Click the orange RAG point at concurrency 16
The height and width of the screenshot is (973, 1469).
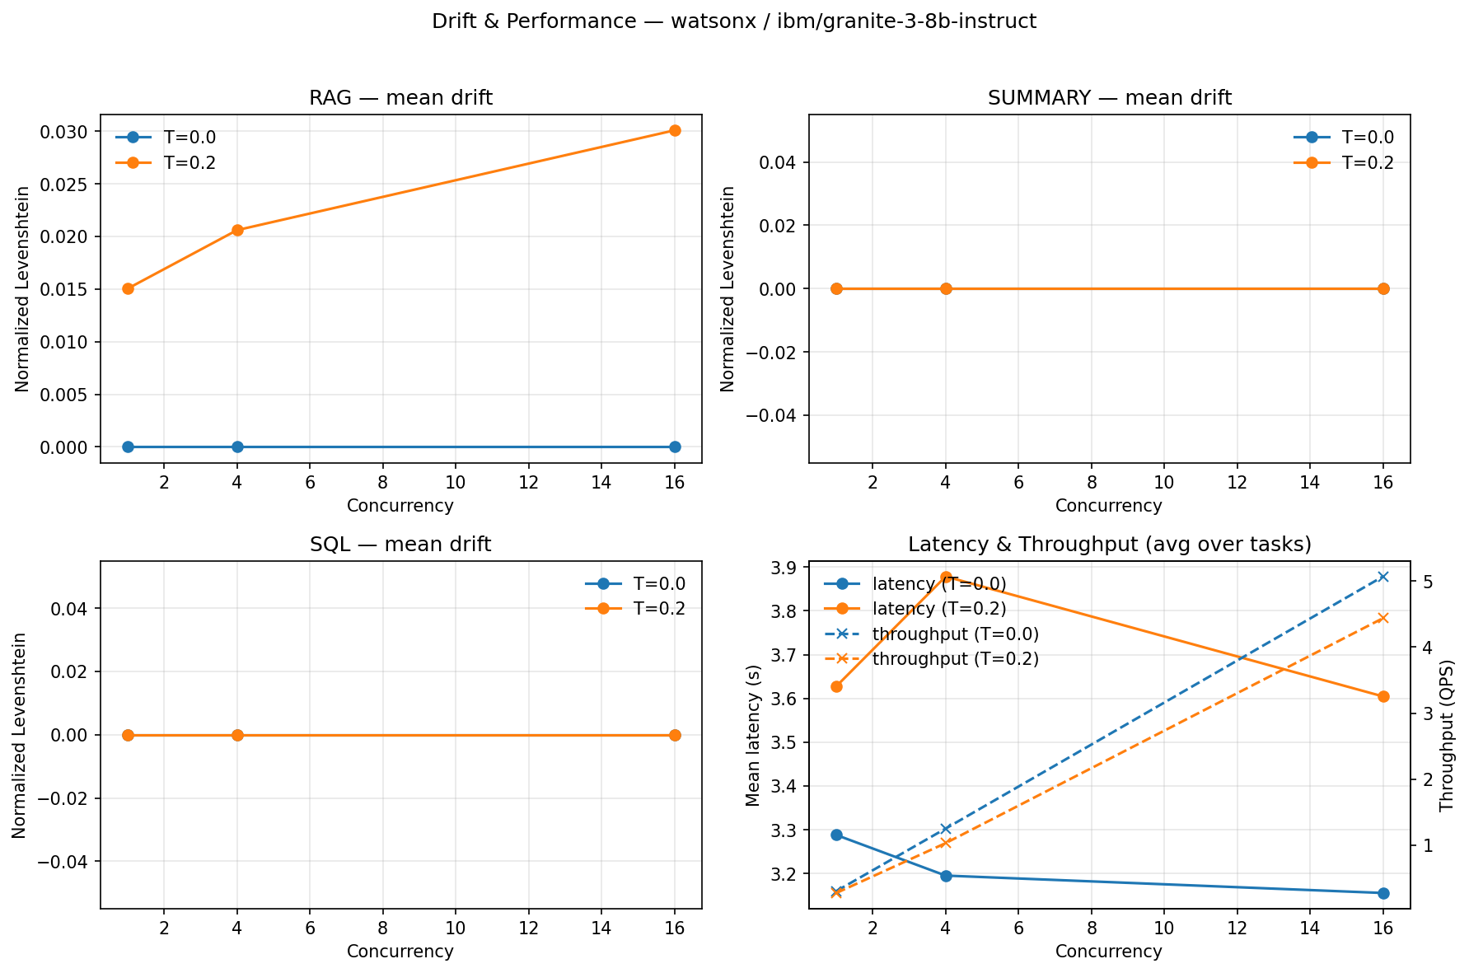(675, 130)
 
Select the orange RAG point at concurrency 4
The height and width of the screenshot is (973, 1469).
(237, 230)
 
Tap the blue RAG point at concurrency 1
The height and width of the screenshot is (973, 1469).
(128, 447)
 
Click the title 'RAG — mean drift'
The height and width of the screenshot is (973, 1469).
(400, 98)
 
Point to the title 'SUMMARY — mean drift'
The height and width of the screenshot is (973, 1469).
(1109, 98)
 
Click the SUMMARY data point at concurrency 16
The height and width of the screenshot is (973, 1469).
(1383, 288)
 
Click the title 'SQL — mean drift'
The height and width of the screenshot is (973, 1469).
(400, 545)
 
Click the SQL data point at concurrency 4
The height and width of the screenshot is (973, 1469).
(237, 735)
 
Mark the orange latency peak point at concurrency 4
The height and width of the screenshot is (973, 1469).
(946, 578)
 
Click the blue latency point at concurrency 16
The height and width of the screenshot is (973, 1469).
(1383, 893)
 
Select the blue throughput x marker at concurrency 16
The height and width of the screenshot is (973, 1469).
(1383, 577)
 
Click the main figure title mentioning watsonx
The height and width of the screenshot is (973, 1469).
(734, 21)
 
